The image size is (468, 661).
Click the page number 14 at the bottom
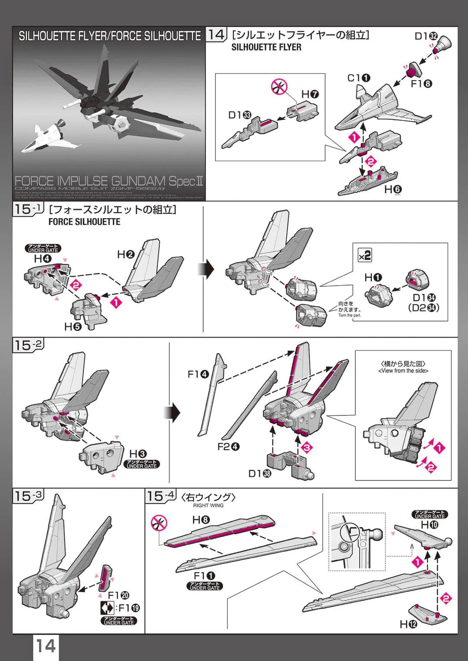(x=45, y=646)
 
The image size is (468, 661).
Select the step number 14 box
(x=216, y=35)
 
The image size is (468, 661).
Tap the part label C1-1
(x=359, y=78)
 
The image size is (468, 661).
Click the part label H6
(x=393, y=189)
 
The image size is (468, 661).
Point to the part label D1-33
(x=240, y=115)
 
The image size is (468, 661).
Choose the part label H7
(x=310, y=94)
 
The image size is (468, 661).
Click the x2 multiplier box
(x=365, y=255)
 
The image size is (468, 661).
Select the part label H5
(x=73, y=327)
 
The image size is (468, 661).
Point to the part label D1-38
(x=260, y=473)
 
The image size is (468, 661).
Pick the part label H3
(x=138, y=454)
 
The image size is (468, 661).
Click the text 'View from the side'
(x=403, y=371)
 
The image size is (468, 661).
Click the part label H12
(x=408, y=624)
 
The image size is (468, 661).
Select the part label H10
(x=430, y=524)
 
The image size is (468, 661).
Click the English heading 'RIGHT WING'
(x=208, y=505)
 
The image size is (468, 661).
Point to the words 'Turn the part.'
(x=350, y=315)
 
